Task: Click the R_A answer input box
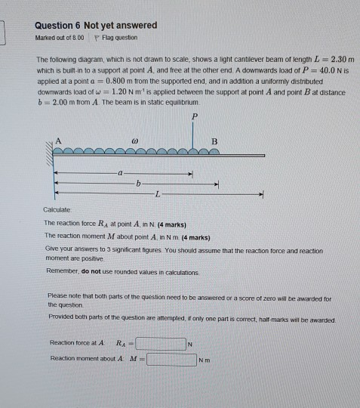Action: tap(160, 344)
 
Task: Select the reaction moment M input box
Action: tap(171, 359)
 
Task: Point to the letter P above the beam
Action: tap(195, 116)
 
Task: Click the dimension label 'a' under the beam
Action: tap(119, 173)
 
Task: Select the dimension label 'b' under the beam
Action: tap(138, 184)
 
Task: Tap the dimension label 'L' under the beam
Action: tap(157, 194)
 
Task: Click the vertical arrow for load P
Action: tap(195, 136)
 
